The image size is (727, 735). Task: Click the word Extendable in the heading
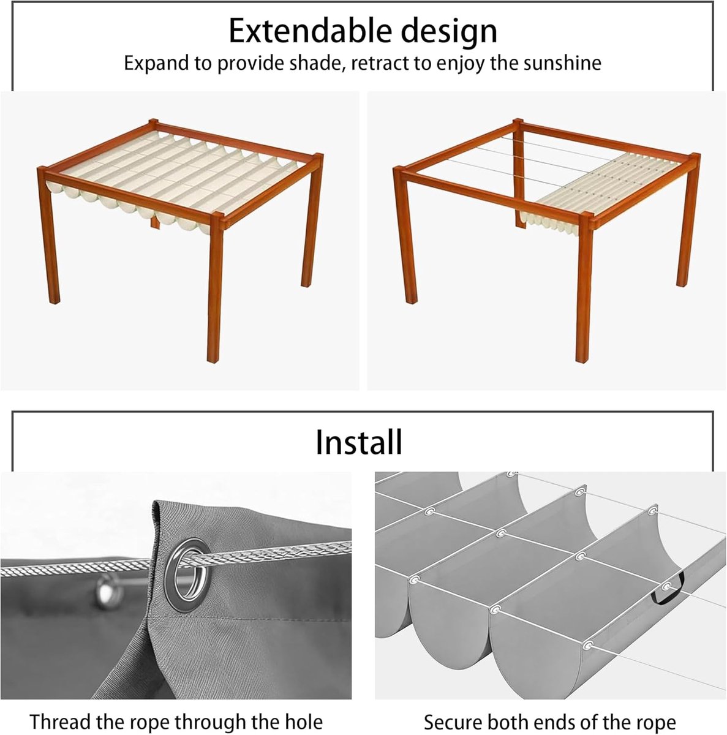[311, 31]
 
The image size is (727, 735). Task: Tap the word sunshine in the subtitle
[562, 63]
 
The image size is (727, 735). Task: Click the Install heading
[359, 442]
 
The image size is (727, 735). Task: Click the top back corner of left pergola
[153, 124]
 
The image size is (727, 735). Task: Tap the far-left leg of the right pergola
[405, 235]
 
